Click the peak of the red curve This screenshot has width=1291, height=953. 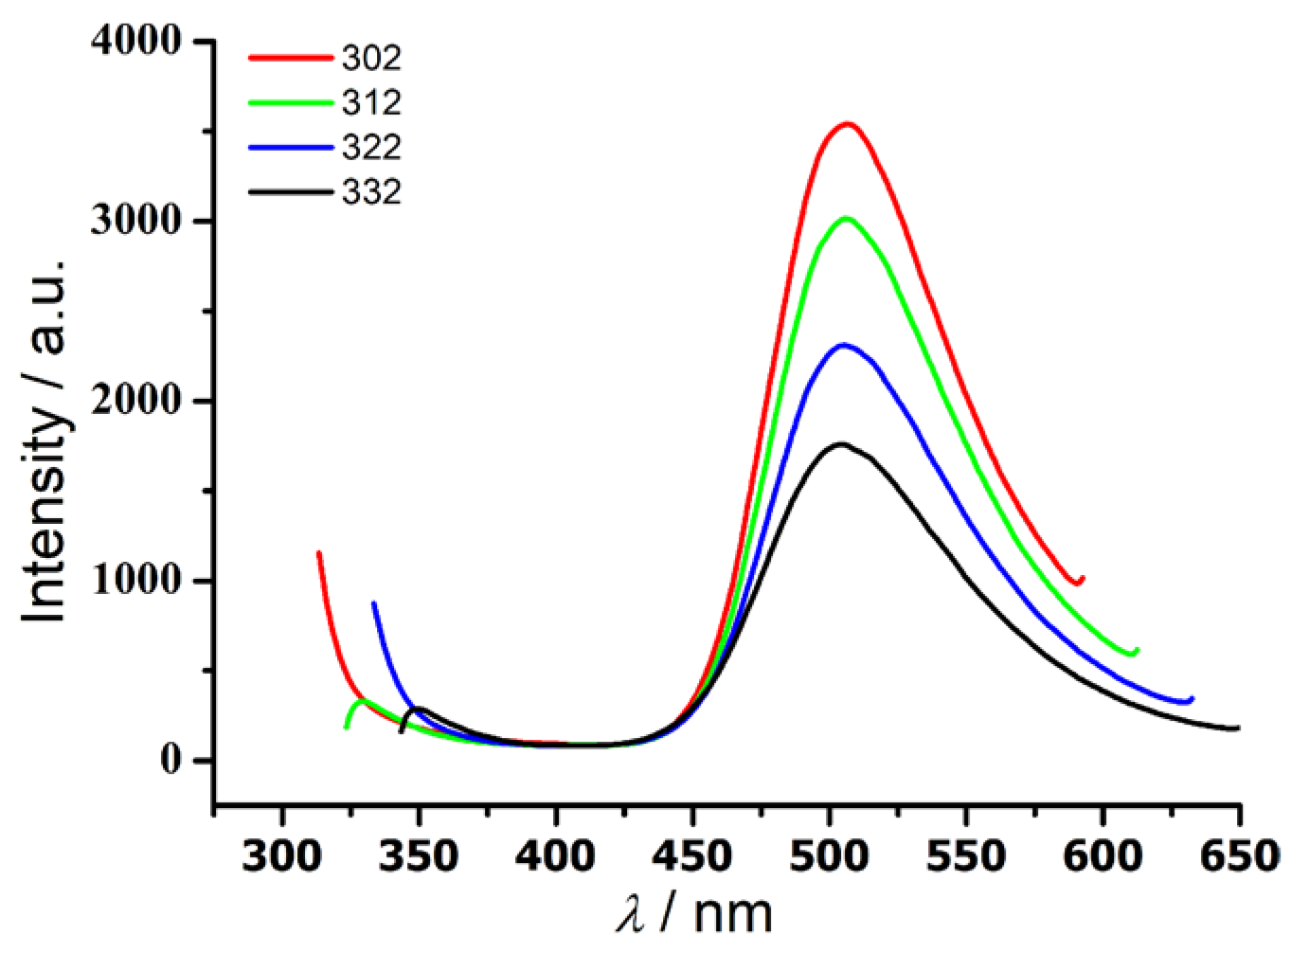point(848,124)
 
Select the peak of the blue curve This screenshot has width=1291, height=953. point(843,345)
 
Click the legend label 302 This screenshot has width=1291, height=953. point(371,58)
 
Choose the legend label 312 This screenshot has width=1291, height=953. point(371,102)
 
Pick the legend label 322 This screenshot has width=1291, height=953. point(371,147)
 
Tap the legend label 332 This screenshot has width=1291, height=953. point(371,192)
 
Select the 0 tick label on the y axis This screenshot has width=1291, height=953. point(170,760)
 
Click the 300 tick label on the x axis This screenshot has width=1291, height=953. point(282,856)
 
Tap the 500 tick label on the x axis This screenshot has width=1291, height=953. point(830,856)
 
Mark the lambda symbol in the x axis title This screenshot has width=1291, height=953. point(631,915)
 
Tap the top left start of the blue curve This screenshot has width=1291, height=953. point(373,602)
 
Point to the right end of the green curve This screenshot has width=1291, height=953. point(1137,650)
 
